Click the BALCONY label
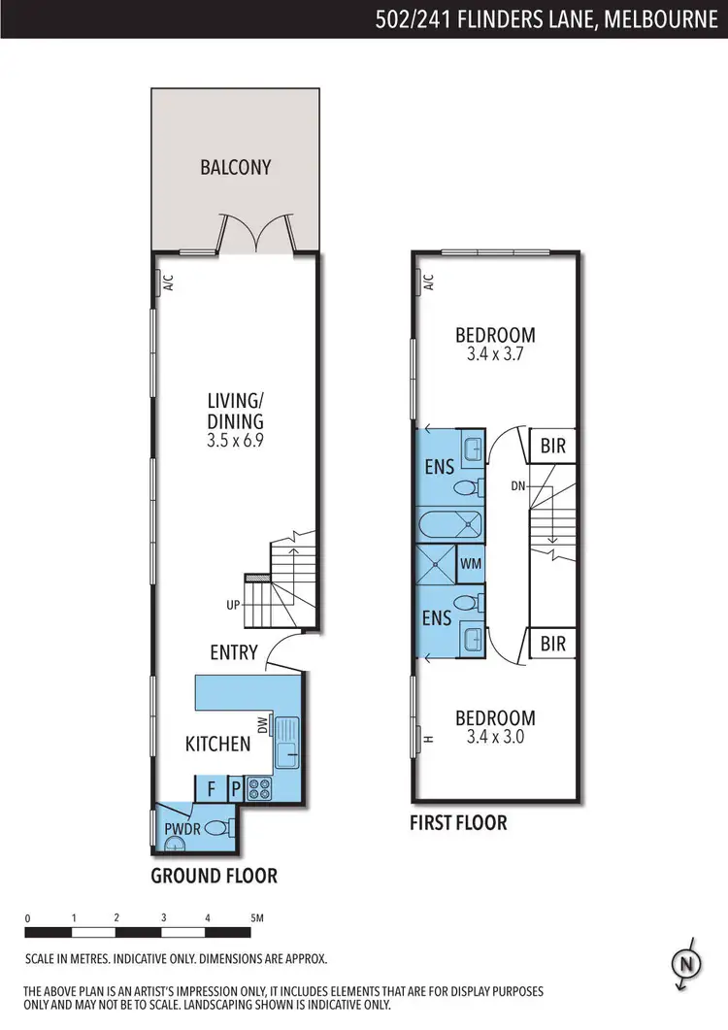coord(235,167)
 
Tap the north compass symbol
coord(685,963)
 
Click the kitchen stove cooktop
coord(260,787)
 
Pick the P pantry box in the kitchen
coord(235,788)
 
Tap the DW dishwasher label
coord(262,725)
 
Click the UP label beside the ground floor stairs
coord(233,605)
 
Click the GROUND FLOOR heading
coord(214,876)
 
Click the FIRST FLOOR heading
coord(458,823)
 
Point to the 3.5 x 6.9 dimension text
coord(235,441)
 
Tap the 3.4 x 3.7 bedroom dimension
coord(496,355)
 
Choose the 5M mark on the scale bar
coord(256,917)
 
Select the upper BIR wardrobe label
coord(552,447)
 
